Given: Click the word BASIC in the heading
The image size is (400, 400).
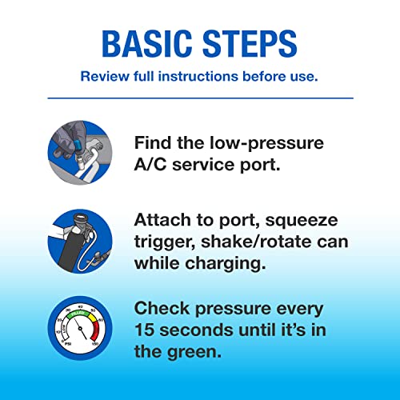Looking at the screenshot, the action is pyautogui.click(x=147, y=44).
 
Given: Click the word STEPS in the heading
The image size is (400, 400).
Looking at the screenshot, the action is pyautogui.click(x=250, y=44).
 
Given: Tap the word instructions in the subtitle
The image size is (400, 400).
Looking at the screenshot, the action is pyautogui.click(x=198, y=77).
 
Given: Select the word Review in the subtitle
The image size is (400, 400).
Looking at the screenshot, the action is pyautogui.click(x=105, y=77).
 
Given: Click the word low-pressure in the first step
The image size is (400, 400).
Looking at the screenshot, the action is pyautogui.click(x=266, y=143).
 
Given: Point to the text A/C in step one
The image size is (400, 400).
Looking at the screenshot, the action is pyautogui.click(x=150, y=165).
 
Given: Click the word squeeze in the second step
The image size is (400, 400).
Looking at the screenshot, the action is pyautogui.click(x=302, y=221).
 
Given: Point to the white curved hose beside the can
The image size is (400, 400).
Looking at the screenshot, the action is pyautogui.click(x=88, y=250).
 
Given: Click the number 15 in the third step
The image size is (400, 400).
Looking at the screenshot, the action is pyautogui.click(x=145, y=330).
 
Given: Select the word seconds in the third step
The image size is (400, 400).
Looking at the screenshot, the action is pyautogui.click(x=197, y=330).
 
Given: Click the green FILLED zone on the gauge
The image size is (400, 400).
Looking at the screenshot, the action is pyautogui.click(x=78, y=314).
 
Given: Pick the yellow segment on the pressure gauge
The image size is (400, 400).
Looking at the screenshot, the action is pyautogui.click(x=94, y=318).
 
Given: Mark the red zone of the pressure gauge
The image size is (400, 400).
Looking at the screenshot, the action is pyautogui.click(x=96, y=330).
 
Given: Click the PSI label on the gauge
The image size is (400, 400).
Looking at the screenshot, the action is pyautogui.click(x=68, y=343).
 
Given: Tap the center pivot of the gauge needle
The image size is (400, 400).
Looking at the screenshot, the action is pyautogui.click(x=80, y=329).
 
